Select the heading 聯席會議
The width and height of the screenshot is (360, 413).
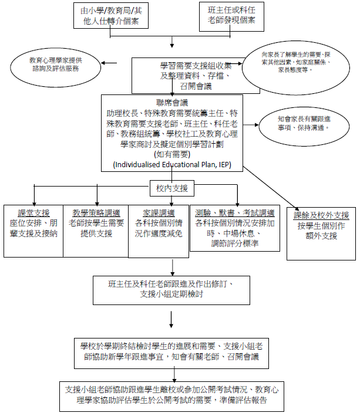pos(171,103)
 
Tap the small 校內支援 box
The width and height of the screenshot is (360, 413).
pos(172,188)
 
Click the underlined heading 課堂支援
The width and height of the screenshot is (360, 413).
pos(34,212)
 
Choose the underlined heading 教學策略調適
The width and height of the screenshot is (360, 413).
pos(96,212)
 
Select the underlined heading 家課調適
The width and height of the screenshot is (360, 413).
pos(159,212)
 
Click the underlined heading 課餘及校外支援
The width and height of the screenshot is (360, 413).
pos(321,215)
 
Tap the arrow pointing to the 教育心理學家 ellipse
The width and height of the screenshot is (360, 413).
pos(117,63)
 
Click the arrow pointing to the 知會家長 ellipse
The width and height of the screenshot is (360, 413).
pos(251,124)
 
